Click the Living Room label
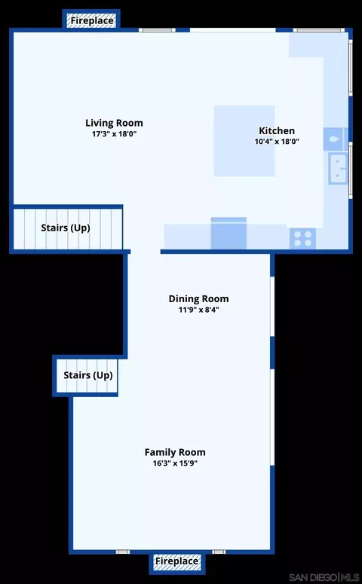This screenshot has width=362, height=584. click(114, 123)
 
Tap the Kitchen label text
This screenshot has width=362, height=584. click(277, 130)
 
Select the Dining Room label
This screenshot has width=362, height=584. click(198, 298)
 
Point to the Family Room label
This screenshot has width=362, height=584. click(175, 452)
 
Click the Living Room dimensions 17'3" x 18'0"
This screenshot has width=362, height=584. click(115, 133)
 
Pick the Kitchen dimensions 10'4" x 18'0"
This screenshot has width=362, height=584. click(277, 142)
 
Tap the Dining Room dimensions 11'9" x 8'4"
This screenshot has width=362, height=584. click(198, 310)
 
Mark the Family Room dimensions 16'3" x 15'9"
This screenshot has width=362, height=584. click(175, 463)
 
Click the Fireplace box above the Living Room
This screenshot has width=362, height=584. click(91, 20)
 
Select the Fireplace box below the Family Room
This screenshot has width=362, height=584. click(177, 561)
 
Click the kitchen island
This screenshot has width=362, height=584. click(244, 141)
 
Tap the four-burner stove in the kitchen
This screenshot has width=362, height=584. click(302, 238)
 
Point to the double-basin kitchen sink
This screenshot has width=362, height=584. click(338, 169)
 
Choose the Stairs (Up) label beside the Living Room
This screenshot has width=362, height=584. click(66, 228)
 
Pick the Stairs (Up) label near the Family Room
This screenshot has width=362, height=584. click(88, 375)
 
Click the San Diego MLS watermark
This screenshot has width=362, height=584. click(324, 577)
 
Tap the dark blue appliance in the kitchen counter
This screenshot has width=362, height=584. click(229, 233)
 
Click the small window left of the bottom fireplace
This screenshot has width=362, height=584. click(123, 552)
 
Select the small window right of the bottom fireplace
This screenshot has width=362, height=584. click(219, 552)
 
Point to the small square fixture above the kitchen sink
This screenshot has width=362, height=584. click(335, 139)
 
